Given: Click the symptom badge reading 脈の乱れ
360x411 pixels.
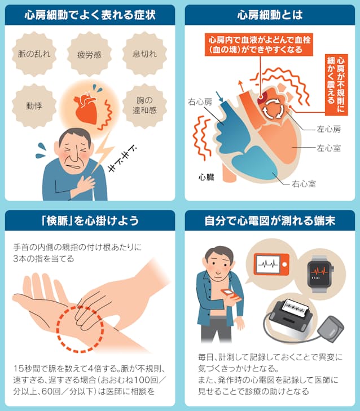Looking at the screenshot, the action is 34,54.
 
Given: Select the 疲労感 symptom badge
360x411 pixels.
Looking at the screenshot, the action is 89,54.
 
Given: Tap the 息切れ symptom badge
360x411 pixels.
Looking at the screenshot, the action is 144,54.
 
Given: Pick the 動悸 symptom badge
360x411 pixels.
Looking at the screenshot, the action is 34,106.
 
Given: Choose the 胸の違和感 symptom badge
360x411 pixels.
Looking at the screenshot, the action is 144,106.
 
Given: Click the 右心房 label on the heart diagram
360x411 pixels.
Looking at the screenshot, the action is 200,101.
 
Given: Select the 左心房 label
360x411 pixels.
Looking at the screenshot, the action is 328,129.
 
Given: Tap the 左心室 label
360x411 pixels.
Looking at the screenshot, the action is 328,148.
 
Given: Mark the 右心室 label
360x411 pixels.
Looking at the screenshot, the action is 304,184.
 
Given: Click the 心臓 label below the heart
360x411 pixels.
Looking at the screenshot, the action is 207,177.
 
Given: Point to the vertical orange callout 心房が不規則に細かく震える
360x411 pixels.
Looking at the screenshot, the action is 336,85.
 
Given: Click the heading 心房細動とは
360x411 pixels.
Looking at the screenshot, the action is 270,15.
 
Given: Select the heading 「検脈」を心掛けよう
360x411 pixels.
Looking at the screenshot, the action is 90,220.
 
